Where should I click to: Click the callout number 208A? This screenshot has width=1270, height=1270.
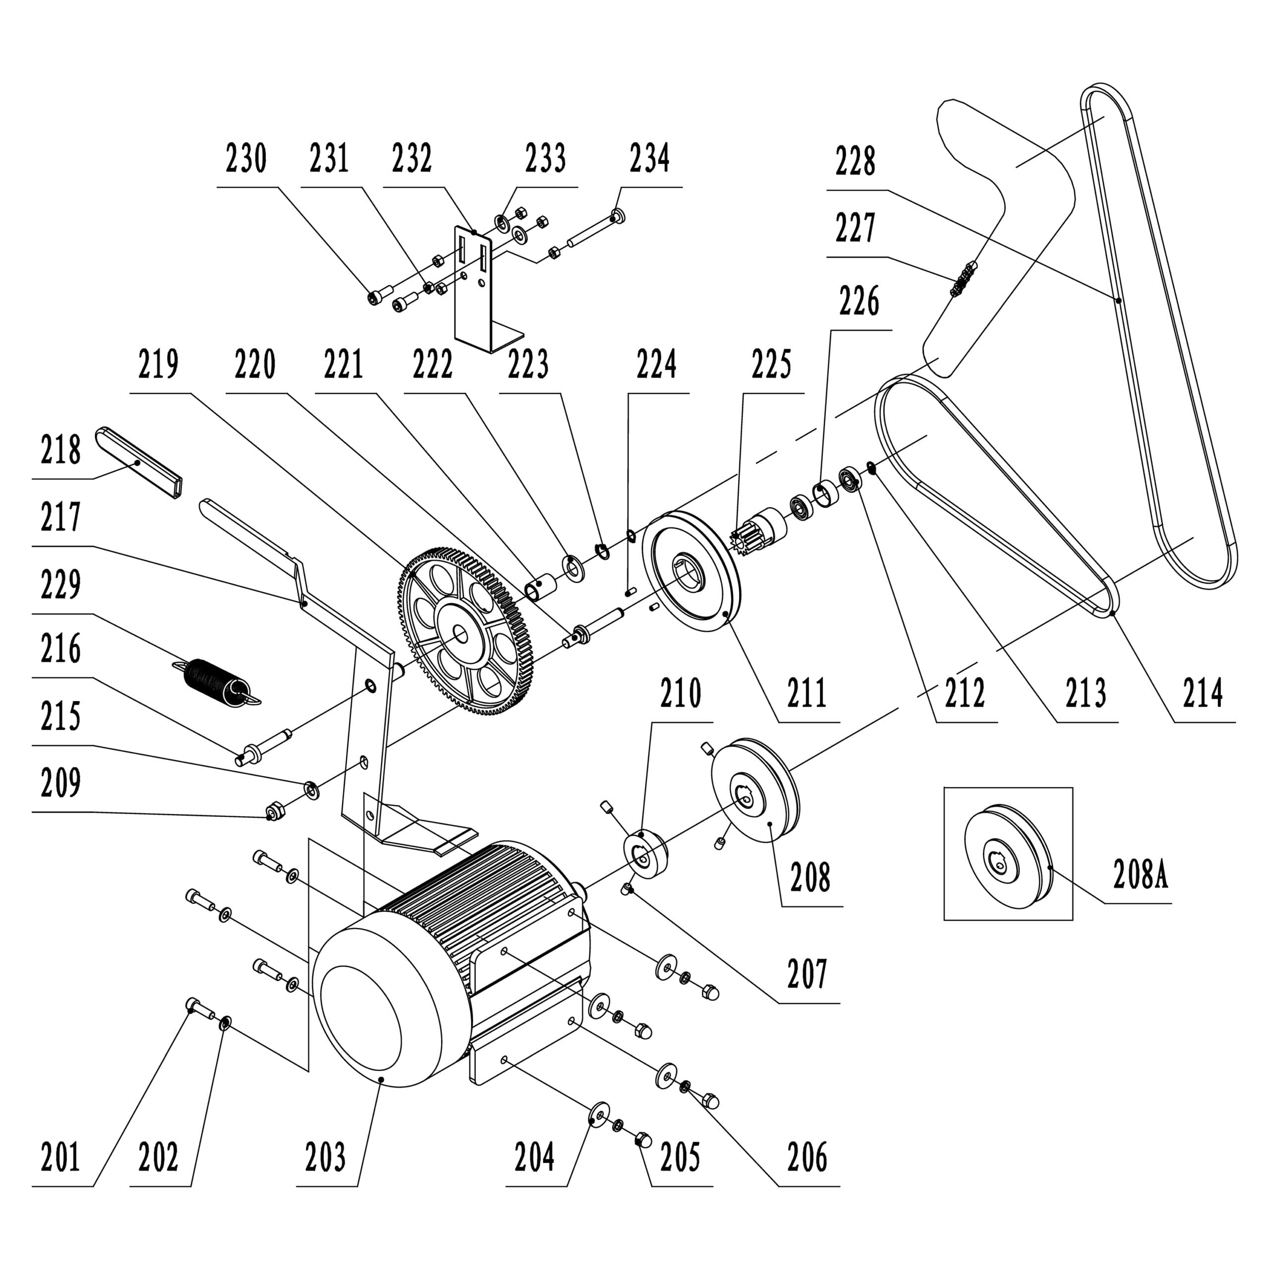(1141, 876)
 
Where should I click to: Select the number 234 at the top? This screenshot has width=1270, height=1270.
(649, 159)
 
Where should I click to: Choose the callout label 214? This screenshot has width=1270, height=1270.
(1203, 693)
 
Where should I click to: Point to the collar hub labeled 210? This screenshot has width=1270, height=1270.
(645, 855)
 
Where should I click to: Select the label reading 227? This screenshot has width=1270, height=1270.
(855, 228)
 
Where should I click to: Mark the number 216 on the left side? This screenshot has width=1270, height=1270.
(61, 649)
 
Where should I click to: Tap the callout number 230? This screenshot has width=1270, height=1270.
(246, 159)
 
